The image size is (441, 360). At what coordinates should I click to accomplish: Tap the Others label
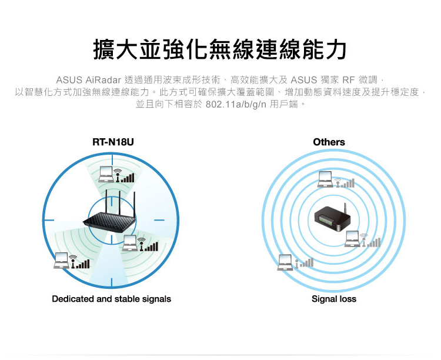point(329,142)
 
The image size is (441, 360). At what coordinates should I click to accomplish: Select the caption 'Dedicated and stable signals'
point(111,299)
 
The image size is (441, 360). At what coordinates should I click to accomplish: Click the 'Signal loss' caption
point(333,299)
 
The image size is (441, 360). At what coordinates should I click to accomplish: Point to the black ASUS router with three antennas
point(112,218)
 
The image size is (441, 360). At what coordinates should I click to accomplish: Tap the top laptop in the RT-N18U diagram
point(106,174)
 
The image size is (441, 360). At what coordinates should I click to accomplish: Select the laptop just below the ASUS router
point(131,242)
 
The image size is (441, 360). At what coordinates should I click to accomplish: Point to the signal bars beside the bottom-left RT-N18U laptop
point(82,263)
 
